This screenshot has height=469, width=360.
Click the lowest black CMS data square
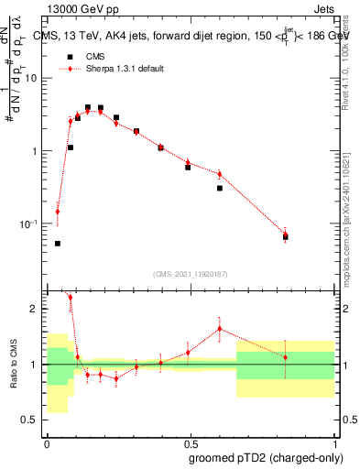click(58, 244)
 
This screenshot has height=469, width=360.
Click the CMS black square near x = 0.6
click(220, 188)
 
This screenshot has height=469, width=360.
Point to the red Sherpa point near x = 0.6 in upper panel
click(220, 174)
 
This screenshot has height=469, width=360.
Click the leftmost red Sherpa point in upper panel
click(58, 212)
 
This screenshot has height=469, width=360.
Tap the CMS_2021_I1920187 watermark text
click(190, 273)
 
